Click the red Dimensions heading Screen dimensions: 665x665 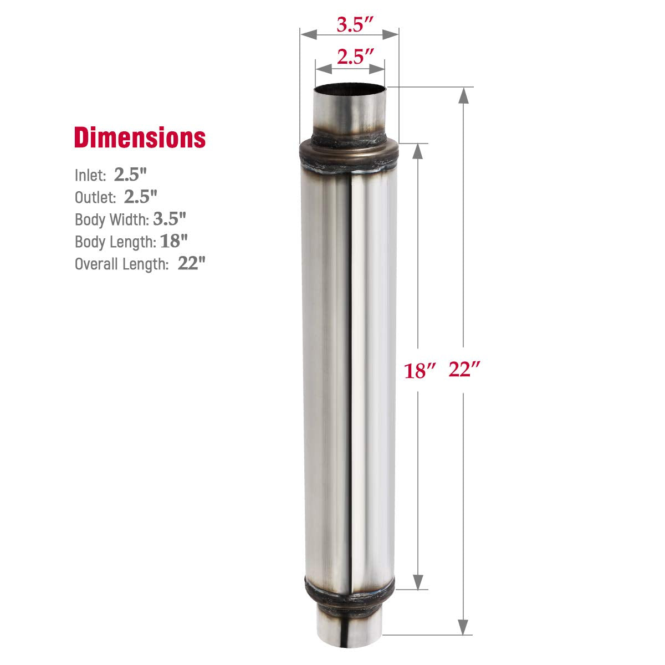[x=140, y=137]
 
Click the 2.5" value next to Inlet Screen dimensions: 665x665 [x=130, y=175]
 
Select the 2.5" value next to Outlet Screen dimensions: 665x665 [x=141, y=196]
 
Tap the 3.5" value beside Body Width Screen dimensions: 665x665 [x=169, y=219]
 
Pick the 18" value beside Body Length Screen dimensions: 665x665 [x=174, y=241]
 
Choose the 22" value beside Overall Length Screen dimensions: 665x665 [x=191, y=263]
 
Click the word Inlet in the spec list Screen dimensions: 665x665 [x=90, y=176]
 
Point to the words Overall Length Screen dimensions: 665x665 [x=121, y=264]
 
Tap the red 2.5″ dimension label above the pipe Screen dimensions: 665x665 [x=350, y=58]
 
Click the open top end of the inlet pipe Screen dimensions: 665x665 [x=349, y=89]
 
